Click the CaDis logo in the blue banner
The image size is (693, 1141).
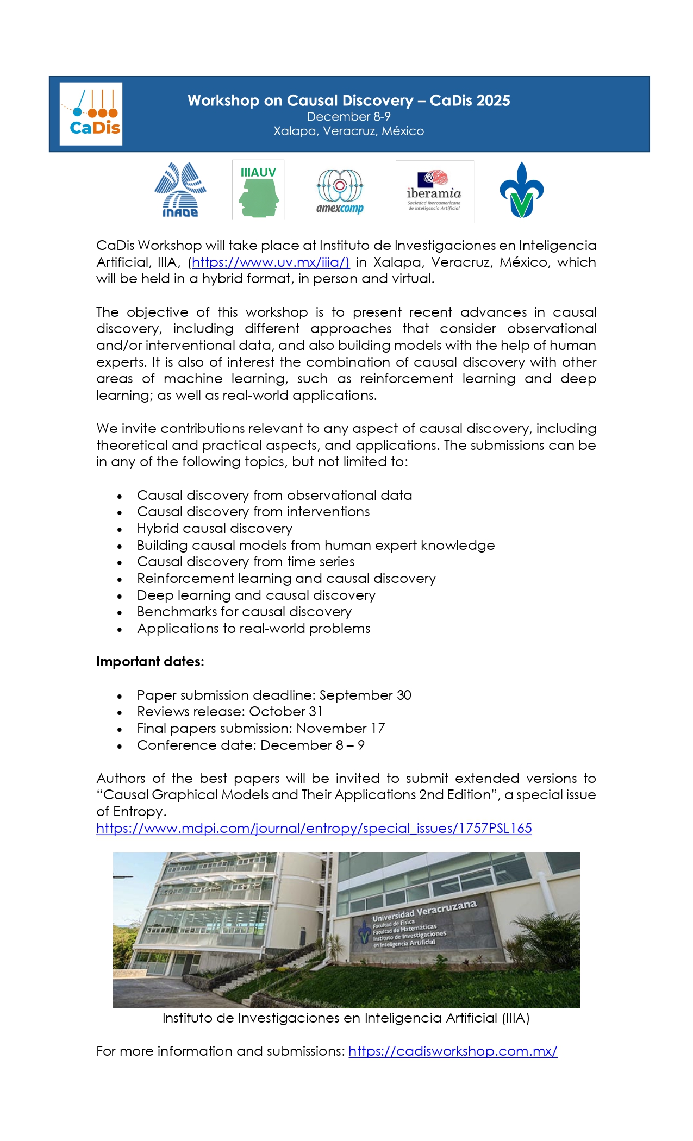tap(91, 114)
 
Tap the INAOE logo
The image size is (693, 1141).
tap(180, 190)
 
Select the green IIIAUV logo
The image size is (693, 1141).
tap(258, 190)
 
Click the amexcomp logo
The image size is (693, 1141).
tap(340, 192)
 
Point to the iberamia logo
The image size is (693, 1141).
tap(434, 191)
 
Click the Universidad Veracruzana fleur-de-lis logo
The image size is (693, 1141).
tap(521, 190)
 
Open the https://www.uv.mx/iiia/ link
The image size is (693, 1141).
tap(271, 262)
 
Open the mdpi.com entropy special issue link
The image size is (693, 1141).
tap(314, 828)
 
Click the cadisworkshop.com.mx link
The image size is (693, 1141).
tap(453, 1051)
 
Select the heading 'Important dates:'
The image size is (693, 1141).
tap(150, 662)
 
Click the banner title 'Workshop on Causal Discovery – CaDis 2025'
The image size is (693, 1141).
tap(349, 101)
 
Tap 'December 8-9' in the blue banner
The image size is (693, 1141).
tap(349, 116)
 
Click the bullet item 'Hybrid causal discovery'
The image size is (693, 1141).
tap(215, 529)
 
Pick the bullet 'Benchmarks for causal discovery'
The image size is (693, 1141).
tap(244, 612)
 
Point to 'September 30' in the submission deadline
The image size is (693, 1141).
tap(365, 695)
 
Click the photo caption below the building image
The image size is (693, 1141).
tap(346, 1018)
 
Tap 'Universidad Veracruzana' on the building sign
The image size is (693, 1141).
tap(424, 910)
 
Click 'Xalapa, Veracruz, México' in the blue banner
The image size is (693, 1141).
tap(349, 131)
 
